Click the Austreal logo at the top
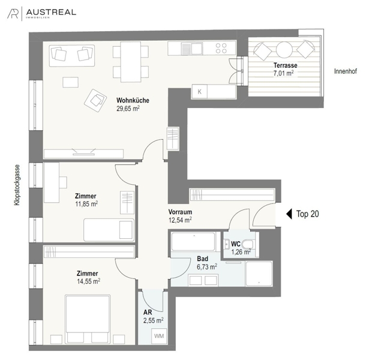click(x=42, y=13)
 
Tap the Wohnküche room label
click(x=133, y=100)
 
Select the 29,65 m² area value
click(x=128, y=109)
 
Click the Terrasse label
click(x=285, y=65)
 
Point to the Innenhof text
click(x=346, y=71)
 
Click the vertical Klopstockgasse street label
click(x=17, y=185)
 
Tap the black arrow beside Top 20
click(x=289, y=214)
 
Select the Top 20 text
click(x=307, y=214)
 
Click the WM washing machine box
click(x=159, y=336)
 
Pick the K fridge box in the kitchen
click(x=199, y=92)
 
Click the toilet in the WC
click(x=247, y=245)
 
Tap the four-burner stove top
click(x=221, y=49)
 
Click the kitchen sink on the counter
click(x=192, y=49)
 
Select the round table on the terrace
click(x=284, y=50)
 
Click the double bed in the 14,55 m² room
click(x=88, y=319)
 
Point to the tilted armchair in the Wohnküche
click(x=95, y=100)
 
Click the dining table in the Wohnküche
click(x=131, y=62)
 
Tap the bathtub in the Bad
click(x=193, y=242)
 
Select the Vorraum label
click(x=180, y=212)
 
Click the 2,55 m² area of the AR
click(x=154, y=320)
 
